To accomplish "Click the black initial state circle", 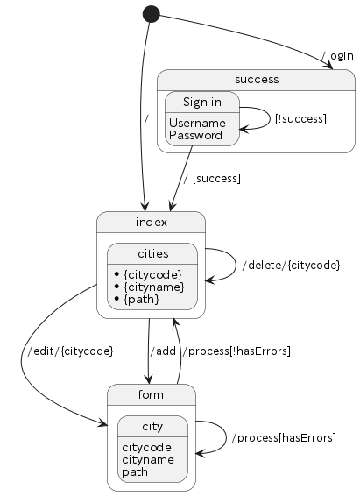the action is pos(152,14).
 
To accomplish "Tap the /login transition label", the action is pos(337,56).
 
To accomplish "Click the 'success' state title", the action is pos(257,80).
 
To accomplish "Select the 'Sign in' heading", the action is pos(202,103).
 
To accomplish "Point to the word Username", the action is pos(198,123).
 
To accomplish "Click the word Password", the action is pos(196,135).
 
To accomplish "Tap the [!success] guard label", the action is pos(300,119).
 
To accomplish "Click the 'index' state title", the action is pos(151,222).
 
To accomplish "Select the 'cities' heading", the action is pos(153,253).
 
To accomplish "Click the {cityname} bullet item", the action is pos(149,287).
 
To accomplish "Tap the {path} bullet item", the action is pos(137,299).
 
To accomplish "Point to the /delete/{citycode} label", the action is pos(291,265).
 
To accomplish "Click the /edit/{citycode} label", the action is pos(70,351).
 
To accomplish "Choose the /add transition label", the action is pos(163,351).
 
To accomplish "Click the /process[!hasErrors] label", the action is pos(236,351).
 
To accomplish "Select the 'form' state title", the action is pos(151,394).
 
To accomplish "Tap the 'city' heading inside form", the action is pos(152,427).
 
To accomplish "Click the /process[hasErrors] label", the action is pos(284,438).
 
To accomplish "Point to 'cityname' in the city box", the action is pos(148,459).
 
